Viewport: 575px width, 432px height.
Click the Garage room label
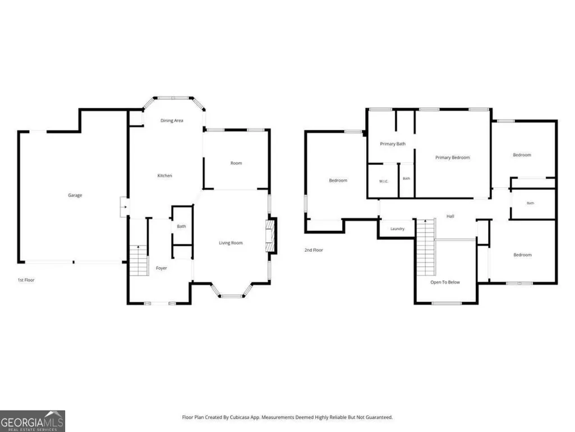[x=75, y=195]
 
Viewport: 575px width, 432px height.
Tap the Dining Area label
[x=172, y=120]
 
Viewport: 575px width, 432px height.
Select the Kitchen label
[x=165, y=176]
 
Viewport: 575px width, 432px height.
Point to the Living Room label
[x=231, y=243]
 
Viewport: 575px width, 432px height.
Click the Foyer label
[x=162, y=268]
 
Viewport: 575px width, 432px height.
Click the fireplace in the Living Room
[x=271, y=235]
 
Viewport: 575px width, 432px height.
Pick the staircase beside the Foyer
[x=139, y=261]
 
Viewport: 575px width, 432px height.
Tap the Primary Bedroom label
[x=453, y=158]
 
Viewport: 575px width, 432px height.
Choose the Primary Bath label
[x=393, y=144]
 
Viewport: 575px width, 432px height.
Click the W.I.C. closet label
[x=384, y=181]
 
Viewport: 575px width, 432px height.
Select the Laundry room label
[x=397, y=229]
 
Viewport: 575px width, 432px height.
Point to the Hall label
[x=450, y=216]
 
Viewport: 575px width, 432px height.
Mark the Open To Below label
[x=445, y=282]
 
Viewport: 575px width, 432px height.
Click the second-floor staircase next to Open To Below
[x=426, y=247]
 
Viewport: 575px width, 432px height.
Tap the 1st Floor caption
[x=26, y=280]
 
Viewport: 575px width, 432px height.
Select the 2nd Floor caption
[x=314, y=250]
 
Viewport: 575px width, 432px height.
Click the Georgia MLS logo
[x=33, y=421]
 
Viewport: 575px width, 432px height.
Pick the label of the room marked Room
[x=236, y=163]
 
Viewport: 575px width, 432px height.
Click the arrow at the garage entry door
[x=125, y=207]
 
